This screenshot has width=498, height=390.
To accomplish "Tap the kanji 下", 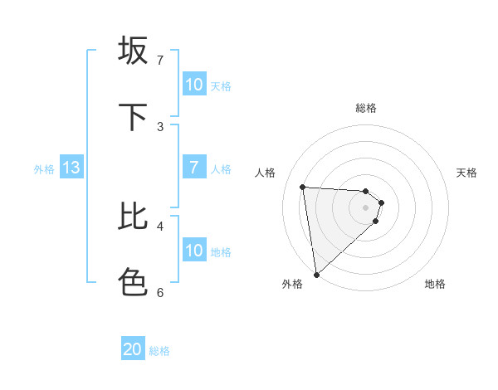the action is (133, 117).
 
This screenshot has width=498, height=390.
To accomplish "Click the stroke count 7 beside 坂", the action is (160, 61).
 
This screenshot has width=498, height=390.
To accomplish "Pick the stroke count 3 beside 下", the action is (160, 127).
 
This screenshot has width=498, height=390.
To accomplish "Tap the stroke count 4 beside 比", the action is (160, 226).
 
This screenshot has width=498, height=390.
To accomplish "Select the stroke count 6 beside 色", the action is (160, 292).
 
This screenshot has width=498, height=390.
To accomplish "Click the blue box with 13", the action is (71, 168).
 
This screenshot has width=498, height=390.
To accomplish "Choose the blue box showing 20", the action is (133, 349).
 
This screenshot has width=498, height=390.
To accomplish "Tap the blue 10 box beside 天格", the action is (194, 85).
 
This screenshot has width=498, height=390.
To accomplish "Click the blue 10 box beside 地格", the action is (194, 251).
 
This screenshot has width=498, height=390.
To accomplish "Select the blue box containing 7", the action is (194, 168).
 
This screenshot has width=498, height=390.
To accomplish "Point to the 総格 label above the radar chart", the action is (366, 108).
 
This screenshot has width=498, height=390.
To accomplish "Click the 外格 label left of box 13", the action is (44, 168).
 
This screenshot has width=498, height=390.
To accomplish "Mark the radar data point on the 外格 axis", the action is (316, 274).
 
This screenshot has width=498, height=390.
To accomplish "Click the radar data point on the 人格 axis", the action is (303, 187).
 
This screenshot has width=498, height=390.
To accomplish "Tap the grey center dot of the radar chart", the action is (366, 218).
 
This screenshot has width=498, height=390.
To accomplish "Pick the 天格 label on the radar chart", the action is (467, 173).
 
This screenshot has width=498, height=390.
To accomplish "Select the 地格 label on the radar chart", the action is (435, 284).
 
